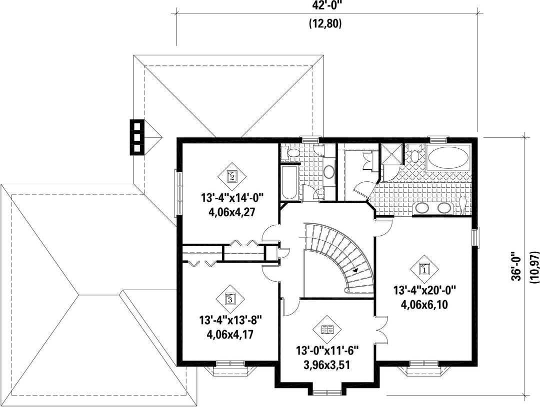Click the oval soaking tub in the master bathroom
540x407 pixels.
447,158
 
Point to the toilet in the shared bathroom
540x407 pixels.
291,152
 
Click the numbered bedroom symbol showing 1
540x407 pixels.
424,269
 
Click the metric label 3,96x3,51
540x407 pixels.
327,365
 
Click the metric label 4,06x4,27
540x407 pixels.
231,212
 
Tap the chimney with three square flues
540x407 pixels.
136,137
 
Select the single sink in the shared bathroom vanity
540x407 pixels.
329,172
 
